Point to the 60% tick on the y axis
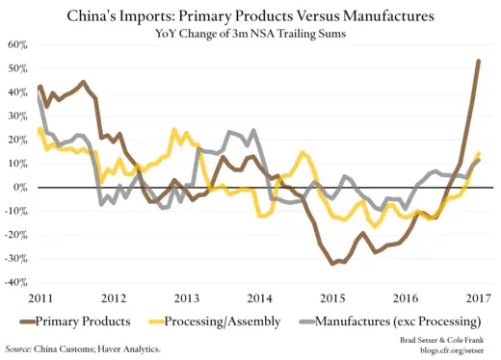pyautogui.click(x=17, y=45)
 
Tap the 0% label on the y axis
pyautogui.click(x=21, y=188)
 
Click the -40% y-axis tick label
pyautogui.click(x=15, y=283)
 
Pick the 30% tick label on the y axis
pyautogui.click(x=17, y=116)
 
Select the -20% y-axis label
pyautogui.click(x=15, y=236)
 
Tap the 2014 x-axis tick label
pyautogui.click(x=259, y=299)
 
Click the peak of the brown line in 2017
pyautogui.click(x=479, y=62)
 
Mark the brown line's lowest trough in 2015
pyautogui.click(x=331, y=264)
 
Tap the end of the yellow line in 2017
pyautogui.click(x=479, y=153)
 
